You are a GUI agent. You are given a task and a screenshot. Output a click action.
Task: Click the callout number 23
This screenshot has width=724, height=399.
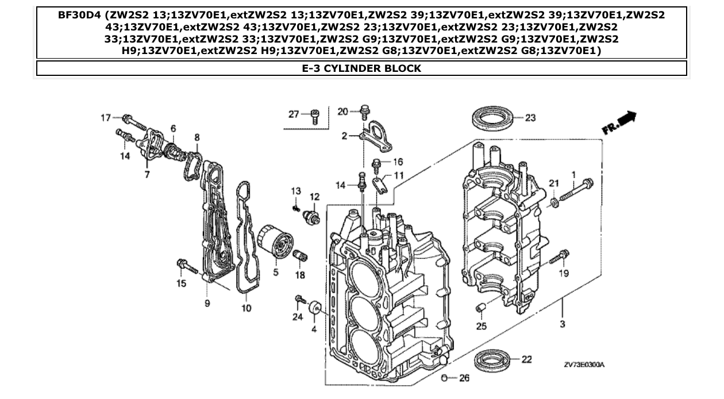tap(530, 118)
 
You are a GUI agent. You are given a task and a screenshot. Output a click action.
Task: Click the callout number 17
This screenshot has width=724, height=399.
tap(106, 118)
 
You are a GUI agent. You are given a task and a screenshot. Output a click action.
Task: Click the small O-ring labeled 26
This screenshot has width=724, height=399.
tap(444, 378)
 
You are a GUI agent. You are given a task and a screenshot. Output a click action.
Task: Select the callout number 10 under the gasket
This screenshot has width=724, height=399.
tap(246, 308)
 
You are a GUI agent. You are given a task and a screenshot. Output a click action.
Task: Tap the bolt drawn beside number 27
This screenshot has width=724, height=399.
tap(314, 117)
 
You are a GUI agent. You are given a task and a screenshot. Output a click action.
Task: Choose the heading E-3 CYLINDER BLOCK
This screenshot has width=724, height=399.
tap(361, 68)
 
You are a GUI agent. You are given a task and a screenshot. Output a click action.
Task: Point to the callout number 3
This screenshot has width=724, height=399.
tap(562, 324)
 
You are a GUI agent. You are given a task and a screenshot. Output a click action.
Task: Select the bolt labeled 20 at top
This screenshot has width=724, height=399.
tap(364, 111)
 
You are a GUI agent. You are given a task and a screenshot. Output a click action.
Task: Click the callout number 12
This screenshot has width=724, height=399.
tap(314, 197)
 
